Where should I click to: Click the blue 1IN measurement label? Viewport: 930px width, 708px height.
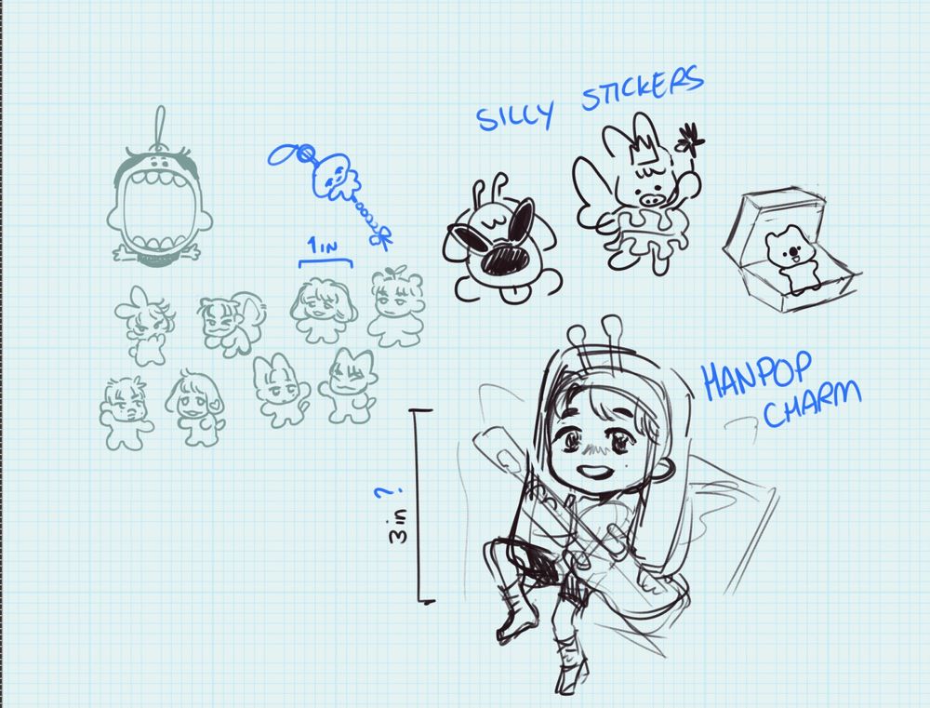tap(322, 245)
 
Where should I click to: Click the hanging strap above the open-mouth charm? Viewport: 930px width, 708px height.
tap(160, 126)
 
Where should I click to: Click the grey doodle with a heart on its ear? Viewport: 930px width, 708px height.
tap(195, 407)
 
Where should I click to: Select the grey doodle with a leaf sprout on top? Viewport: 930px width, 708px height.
tap(395, 306)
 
